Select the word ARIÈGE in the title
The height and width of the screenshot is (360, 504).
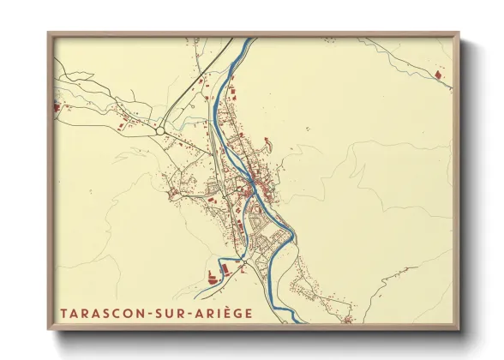tap(225, 314)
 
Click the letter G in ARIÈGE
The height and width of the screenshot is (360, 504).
tap(239, 314)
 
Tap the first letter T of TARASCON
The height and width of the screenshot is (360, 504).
tap(63, 314)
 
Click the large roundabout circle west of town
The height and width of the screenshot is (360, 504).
tap(160, 130)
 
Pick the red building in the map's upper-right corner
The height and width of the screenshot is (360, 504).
tap(441, 77)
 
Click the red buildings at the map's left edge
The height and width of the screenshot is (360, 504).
tap(57, 109)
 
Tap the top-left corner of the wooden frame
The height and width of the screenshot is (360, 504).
tap(48, 33)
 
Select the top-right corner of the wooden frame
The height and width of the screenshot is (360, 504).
tap(459, 33)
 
